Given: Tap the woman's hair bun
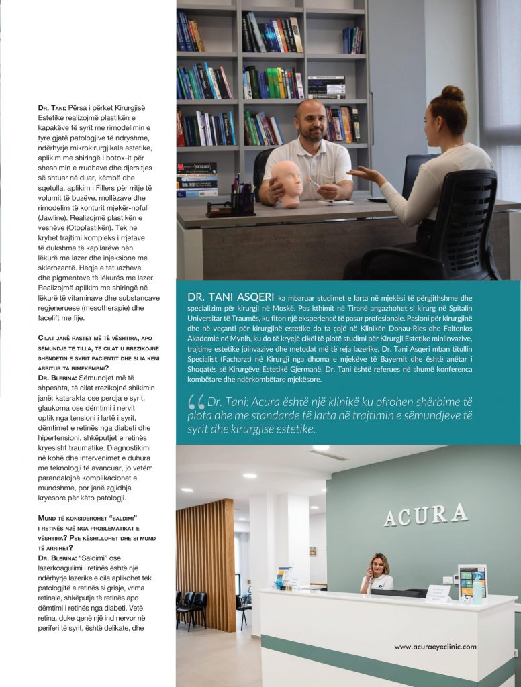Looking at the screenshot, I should point(453,93).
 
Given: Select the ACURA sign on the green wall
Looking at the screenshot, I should point(426,515).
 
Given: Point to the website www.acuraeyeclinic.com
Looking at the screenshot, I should point(435,647).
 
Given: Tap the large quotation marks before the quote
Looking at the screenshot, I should point(196,402).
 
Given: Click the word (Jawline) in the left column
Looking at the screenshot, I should point(56,219).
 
